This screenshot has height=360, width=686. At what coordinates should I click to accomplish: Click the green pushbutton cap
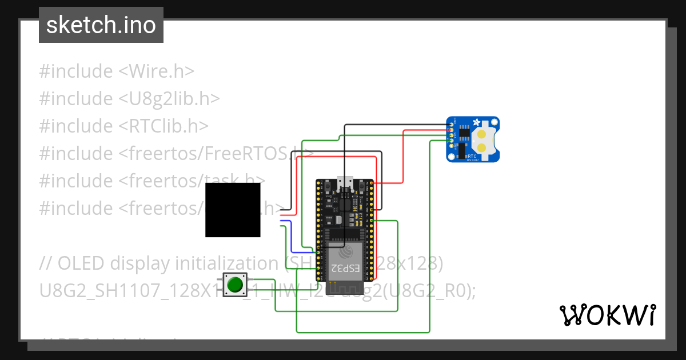tap(234, 285)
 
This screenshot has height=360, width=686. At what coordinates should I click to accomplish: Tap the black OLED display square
tap(233, 210)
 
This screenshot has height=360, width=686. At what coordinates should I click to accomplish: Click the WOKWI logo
tap(607, 315)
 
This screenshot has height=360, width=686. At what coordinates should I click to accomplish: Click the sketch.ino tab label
tap(101, 25)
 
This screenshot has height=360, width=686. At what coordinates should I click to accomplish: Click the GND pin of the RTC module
tap(452, 125)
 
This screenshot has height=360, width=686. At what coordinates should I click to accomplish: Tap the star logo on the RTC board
tap(476, 123)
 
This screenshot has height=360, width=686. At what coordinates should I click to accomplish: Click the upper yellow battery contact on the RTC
tap(483, 135)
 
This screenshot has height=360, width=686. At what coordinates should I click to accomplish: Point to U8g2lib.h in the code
tap(169, 98)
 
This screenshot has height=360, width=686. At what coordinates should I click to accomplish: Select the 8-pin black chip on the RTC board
tap(465, 134)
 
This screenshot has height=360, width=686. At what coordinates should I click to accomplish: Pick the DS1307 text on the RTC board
tap(473, 160)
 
